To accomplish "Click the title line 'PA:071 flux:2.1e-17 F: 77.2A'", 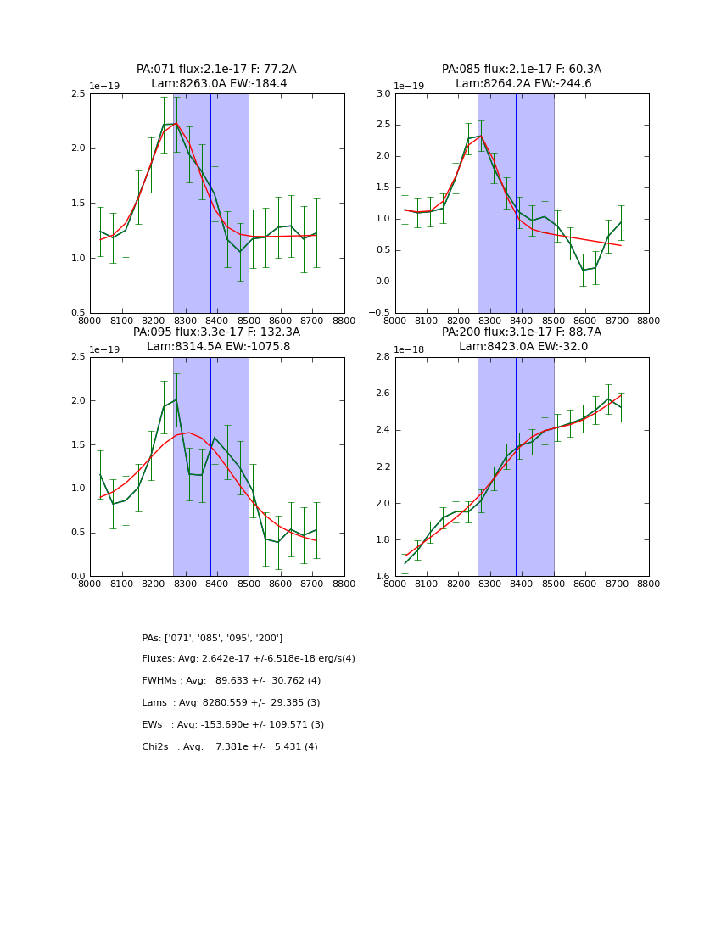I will tap(216, 70).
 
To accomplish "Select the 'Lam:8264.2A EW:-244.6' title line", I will tap(522, 84).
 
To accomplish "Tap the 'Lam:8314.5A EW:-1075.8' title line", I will tap(218, 347).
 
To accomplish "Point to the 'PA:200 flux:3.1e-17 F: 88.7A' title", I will tap(522, 332).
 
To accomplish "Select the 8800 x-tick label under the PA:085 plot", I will tap(649, 321).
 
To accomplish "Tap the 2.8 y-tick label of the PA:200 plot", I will tap(383, 357).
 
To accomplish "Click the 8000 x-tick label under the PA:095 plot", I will tap(90, 584).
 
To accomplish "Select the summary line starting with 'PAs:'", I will tap(212, 638).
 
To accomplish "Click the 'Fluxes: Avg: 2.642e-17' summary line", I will tap(249, 659).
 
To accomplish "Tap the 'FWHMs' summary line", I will tap(232, 681).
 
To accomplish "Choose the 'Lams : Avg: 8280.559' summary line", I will tap(231, 703).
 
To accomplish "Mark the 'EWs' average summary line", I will tap(233, 725).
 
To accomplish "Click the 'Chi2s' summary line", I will tap(230, 747).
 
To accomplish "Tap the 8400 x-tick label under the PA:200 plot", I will tap(522, 584).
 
